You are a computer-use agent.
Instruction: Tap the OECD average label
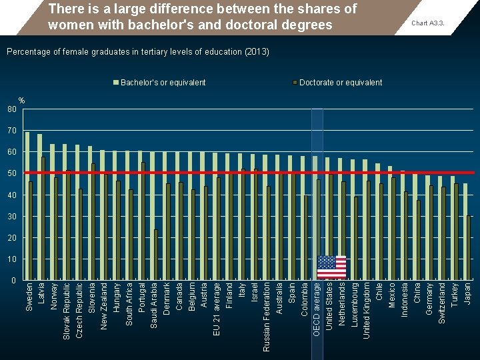coord(317,309)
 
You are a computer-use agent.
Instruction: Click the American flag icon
coord(331,267)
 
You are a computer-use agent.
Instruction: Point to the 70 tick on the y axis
coord(11,131)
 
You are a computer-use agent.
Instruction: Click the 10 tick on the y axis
coord(11,259)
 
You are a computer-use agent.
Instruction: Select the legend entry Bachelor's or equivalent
coord(163,83)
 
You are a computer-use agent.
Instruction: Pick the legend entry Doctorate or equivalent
coord(340,83)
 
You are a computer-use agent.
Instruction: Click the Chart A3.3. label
coord(428,23)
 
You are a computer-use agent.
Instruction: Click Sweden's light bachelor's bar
coord(27,206)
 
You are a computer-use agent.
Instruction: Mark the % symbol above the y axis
coord(21,101)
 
